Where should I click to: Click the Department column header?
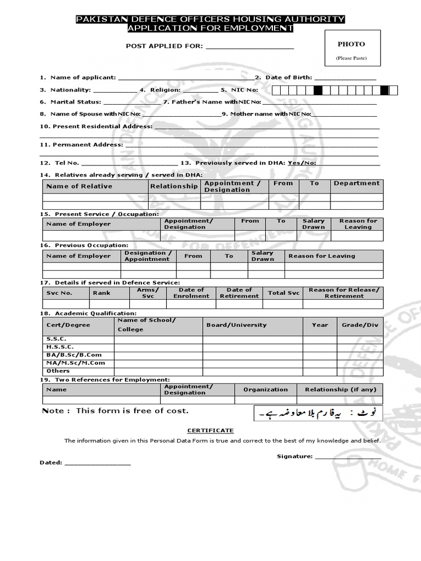click(x=356, y=184)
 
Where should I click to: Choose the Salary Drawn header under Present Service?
click(x=314, y=224)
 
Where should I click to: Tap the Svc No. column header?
click(x=59, y=293)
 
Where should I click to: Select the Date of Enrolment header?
click(x=191, y=293)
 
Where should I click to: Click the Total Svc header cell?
click(x=284, y=293)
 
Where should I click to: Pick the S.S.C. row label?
click(x=56, y=339)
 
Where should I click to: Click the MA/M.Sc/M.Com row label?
click(x=76, y=363)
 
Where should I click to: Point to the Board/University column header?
click(x=236, y=325)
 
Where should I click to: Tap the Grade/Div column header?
click(x=360, y=325)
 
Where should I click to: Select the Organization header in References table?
click(x=265, y=390)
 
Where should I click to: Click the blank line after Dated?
click(x=98, y=463)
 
